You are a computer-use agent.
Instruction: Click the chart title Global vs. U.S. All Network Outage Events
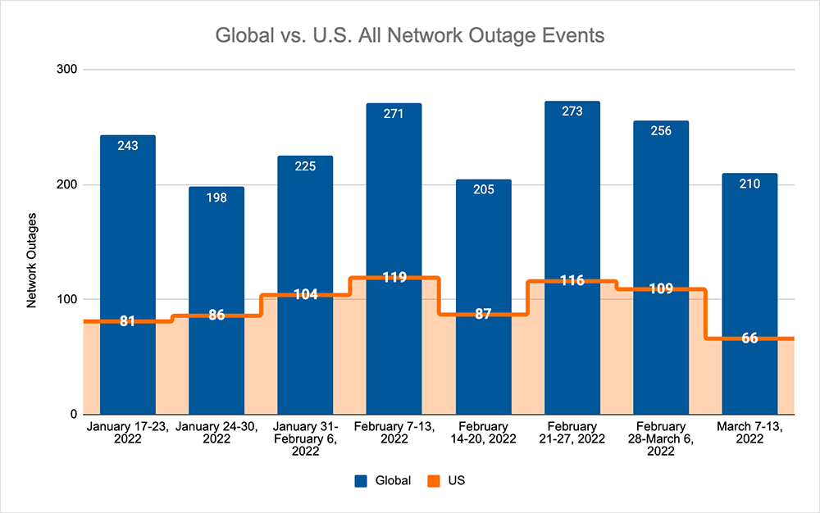[x=410, y=36]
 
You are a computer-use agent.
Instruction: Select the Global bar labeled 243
[x=128, y=229]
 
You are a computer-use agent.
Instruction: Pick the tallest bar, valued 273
[x=572, y=188]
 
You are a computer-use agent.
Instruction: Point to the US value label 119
[x=394, y=278]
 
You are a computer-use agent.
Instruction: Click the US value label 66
[x=749, y=338]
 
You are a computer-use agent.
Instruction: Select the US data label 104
[x=305, y=295]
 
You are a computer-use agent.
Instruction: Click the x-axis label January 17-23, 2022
[x=128, y=433]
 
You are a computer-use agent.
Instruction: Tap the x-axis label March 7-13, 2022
[x=749, y=433]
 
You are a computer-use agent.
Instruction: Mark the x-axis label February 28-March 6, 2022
[x=661, y=438]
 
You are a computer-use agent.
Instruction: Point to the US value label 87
[x=483, y=315]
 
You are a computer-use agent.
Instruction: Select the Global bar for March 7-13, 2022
[x=749, y=246]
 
